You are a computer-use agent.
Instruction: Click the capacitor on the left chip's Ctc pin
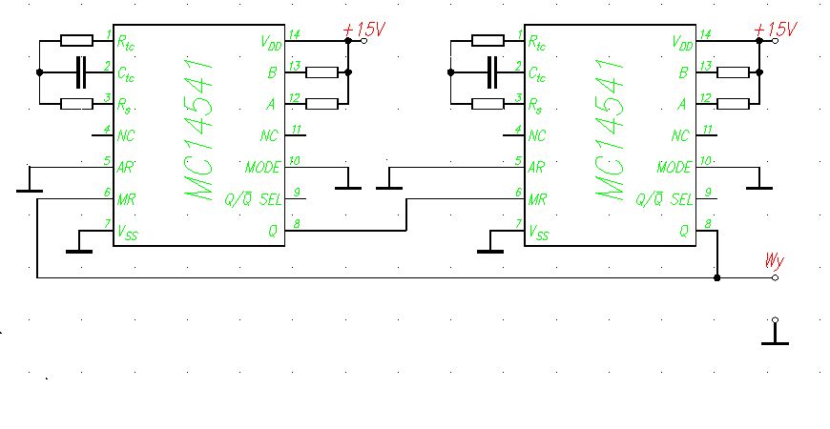tap(80, 71)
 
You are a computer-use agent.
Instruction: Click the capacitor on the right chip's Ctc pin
tap(492, 71)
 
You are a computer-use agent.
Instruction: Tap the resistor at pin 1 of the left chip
tap(76, 41)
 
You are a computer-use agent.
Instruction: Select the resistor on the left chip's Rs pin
tap(76, 104)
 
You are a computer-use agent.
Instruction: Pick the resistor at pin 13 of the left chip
tap(322, 72)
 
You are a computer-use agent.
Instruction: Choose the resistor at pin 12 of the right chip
tap(733, 104)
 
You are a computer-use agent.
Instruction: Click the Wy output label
tap(774, 261)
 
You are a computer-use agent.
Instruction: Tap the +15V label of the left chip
tap(364, 30)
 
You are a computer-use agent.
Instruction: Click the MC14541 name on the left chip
tap(199, 129)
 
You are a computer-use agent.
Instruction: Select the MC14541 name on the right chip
tap(611, 129)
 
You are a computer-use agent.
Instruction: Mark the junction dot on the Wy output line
tap(717, 277)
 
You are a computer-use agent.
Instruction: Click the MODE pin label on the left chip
tap(262, 168)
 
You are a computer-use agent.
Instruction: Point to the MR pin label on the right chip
tap(538, 199)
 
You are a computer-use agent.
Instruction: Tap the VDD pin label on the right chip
tap(682, 43)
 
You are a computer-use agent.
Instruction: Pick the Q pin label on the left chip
tap(273, 231)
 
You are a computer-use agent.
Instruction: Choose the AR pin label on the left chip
tap(125, 168)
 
